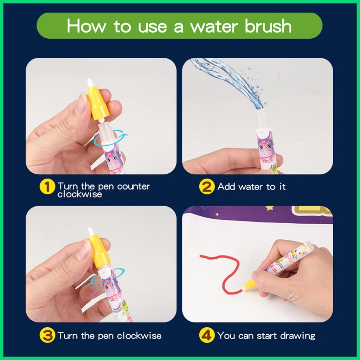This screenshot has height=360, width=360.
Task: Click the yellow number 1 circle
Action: (47, 187)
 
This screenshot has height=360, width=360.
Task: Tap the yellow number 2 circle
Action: (207, 187)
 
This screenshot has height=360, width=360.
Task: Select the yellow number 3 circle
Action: (47, 335)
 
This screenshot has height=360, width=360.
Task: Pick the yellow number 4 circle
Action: (207, 335)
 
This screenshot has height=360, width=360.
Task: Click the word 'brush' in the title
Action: (268, 26)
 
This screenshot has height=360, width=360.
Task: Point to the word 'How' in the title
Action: (86, 26)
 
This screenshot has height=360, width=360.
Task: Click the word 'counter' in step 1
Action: (133, 186)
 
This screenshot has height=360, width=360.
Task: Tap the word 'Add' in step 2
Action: (226, 187)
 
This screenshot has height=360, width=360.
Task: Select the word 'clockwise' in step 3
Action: (139, 336)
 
